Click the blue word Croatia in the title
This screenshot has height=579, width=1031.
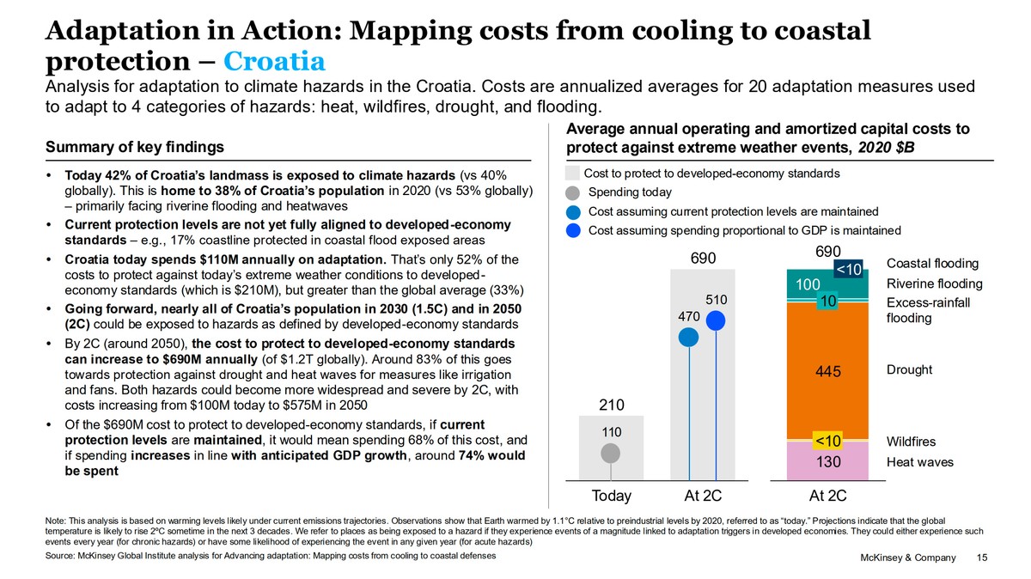click(x=274, y=62)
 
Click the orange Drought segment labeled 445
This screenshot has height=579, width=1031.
click(x=828, y=371)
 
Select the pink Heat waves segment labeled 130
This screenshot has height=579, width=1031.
click(x=828, y=461)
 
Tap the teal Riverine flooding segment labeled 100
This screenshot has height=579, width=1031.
click(x=807, y=284)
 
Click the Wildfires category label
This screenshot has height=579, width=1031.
click(x=912, y=442)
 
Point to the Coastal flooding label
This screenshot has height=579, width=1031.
click(x=932, y=264)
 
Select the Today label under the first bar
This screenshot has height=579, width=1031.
click(x=611, y=496)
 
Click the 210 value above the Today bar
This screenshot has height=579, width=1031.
click(x=611, y=405)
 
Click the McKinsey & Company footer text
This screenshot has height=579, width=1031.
click(x=907, y=558)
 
